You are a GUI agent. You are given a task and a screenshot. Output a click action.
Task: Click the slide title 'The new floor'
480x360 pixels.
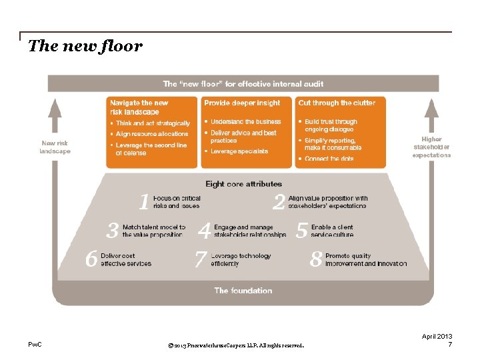pyautogui.click(x=85, y=47)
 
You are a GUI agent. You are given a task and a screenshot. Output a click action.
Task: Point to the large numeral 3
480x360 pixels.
pyautogui.click(x=113, y=231)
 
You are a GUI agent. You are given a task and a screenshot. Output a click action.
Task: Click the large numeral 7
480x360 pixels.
pyautogui.click(x=200, y=259)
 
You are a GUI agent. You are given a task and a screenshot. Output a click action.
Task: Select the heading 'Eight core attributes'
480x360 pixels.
pyautogui.click(x=243, y=184)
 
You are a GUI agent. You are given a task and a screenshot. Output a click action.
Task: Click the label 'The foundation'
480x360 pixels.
pyautogui.click(x=243, y=291)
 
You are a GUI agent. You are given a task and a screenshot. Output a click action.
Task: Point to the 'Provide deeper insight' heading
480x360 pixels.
pyautogui.click(x=242, y=103)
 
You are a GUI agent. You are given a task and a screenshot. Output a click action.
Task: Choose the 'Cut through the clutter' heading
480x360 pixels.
pyautogui.click(x=337, y=103)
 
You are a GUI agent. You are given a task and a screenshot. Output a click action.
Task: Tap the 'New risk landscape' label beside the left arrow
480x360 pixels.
pyautogui.click(x=55, y=147)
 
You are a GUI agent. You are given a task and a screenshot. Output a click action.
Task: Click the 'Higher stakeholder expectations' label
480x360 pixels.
pyautogui.click(x=431, y=147)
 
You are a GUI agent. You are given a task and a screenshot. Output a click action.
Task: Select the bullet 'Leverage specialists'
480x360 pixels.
pyautogui.click(x=239, y=151)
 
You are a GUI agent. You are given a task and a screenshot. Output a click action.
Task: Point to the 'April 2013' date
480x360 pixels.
pyautogui.click(x=437, y=337)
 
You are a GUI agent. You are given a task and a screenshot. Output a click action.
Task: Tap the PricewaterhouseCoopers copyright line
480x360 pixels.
pyautogui.click(x=237, y=346)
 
